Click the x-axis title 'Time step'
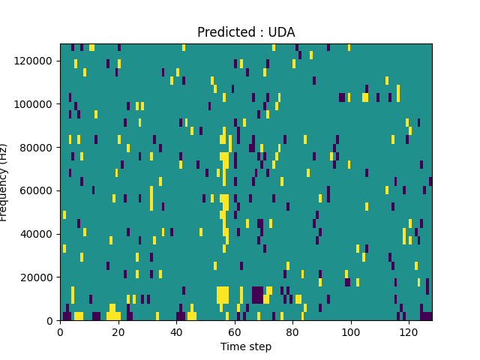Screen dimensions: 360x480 click(x=246, y=346)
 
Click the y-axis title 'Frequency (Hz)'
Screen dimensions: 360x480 click(x=4, y=182)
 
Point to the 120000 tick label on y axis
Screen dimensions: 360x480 click(x=37, y=60)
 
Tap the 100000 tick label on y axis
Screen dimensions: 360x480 click(x=37, y=103)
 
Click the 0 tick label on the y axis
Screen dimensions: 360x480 click(x=52, y=321)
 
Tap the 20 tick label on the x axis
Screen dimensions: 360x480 click(x=118, y=331)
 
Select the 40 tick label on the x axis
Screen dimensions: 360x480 click(x=176, y=331)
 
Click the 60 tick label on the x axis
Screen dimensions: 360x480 click(x=234, y=331)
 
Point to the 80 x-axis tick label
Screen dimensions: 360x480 click(x=292, y=331)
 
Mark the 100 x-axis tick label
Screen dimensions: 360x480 click(x=350, y=331)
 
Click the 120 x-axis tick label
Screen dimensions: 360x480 click(x=409, y=331)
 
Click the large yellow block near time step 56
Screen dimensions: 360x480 click(x=223, y=295)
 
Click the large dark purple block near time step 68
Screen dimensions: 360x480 click(x=257, y=295)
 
